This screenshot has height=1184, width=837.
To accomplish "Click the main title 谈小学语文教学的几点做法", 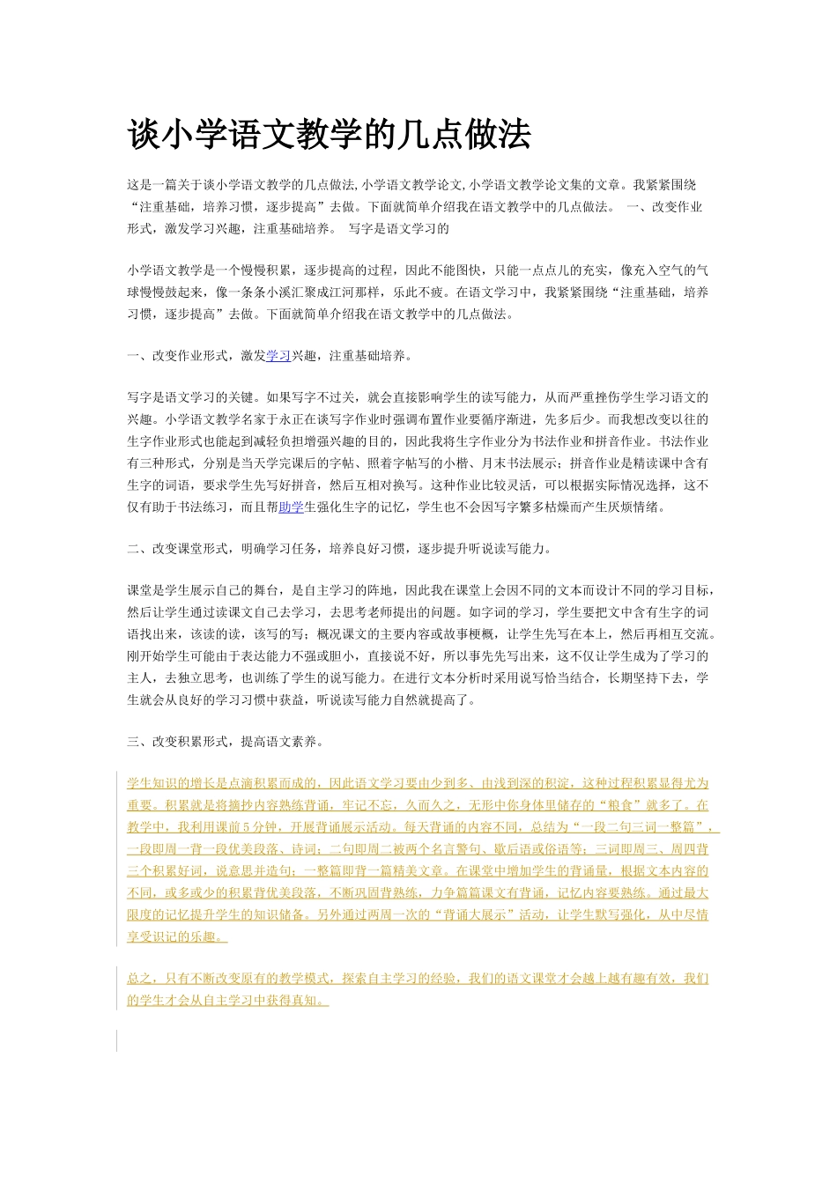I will click(330, 135).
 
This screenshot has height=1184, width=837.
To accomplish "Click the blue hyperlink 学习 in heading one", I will click(278, 356).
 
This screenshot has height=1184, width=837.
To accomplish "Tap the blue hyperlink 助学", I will click(291, 507).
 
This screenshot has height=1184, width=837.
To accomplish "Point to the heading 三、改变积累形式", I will click(225, 742).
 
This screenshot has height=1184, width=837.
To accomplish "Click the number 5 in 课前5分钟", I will click(243, 827).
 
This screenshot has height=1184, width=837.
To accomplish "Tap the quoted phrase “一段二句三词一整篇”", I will click(642, 827).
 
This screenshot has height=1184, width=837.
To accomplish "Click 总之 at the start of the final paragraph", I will click(139, 979).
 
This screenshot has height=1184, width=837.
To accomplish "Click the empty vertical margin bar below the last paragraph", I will click(117, 1040).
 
